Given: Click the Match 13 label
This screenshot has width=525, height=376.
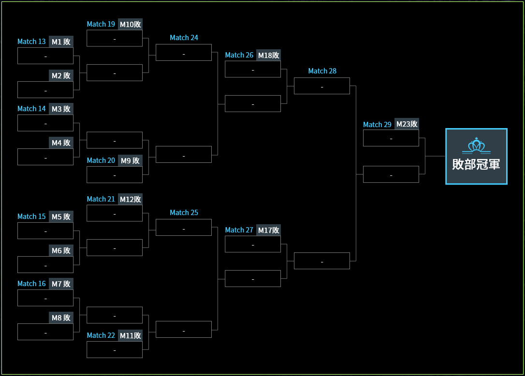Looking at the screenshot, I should [31, 42].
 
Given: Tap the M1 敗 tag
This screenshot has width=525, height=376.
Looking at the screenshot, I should [61, 42].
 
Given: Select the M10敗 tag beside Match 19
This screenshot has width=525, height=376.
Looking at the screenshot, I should [131, 24].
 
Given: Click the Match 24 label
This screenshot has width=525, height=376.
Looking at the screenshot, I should [184, 38].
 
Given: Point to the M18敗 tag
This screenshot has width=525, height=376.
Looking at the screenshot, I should [268, 55].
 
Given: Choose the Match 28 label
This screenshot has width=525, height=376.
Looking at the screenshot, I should [322, 71].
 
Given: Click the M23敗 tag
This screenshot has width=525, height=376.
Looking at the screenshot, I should [407, 124].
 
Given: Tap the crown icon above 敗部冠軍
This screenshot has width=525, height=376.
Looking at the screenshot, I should [476, 145].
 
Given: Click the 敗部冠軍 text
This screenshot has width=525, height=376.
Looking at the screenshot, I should [476, 164].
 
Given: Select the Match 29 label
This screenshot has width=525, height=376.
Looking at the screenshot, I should [377, 125].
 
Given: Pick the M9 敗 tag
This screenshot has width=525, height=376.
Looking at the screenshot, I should [130, 160].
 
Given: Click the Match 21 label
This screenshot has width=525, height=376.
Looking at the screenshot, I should [101, 199].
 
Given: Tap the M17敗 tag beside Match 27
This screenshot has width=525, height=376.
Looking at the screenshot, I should [268, 230].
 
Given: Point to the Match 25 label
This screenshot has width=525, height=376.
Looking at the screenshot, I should [184, 213].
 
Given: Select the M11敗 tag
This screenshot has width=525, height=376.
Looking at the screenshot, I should [130, 335].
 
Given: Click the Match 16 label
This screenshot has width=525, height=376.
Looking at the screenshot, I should [31, 284].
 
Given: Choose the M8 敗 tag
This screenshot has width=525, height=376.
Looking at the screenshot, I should [61, 318].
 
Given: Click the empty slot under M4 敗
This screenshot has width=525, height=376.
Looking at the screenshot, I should [45, 157].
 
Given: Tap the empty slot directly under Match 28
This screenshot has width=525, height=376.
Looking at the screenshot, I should [322, 86].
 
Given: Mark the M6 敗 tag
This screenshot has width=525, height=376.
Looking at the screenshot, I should [61, 250].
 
